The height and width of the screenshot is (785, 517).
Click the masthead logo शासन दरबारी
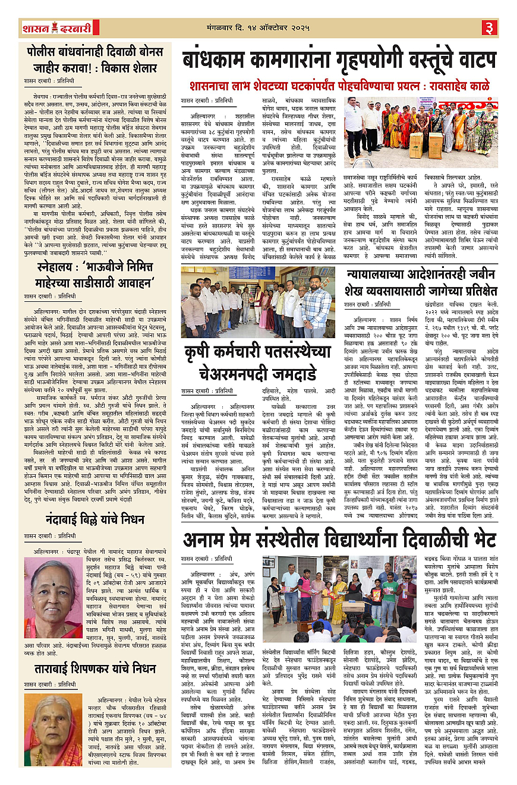pyautogui.click(x=56, y=27)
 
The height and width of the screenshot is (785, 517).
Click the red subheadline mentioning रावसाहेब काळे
pyautogui.click(x=339, y=85)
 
